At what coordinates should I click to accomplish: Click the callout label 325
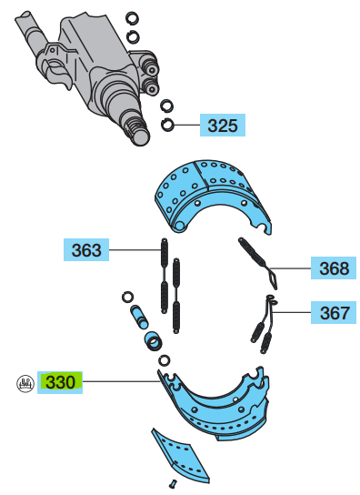coord(223,125)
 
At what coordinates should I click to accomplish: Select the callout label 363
coord(86,249)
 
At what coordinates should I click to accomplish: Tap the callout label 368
coord(334,268)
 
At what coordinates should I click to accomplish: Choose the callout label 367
coord(334,312)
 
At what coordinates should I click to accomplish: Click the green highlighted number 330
coord(60,382)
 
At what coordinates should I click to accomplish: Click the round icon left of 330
coord(25,384)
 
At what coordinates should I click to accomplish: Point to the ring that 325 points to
coord(167,125)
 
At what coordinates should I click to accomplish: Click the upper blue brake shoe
coord(212,196)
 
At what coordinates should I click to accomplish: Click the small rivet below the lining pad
coord(173,483)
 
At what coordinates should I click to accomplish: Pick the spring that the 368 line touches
coord(258,263)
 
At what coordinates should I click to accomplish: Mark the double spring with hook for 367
coord(265,325)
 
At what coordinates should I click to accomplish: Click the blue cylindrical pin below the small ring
coord(139,317)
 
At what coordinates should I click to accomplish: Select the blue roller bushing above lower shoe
coord(154,340)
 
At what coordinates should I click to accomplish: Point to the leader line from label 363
coord(135,250)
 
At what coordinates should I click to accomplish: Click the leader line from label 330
coord(122,381)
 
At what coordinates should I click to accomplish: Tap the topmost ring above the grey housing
coord(132,18)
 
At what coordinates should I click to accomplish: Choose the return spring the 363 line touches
coord(164,276)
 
